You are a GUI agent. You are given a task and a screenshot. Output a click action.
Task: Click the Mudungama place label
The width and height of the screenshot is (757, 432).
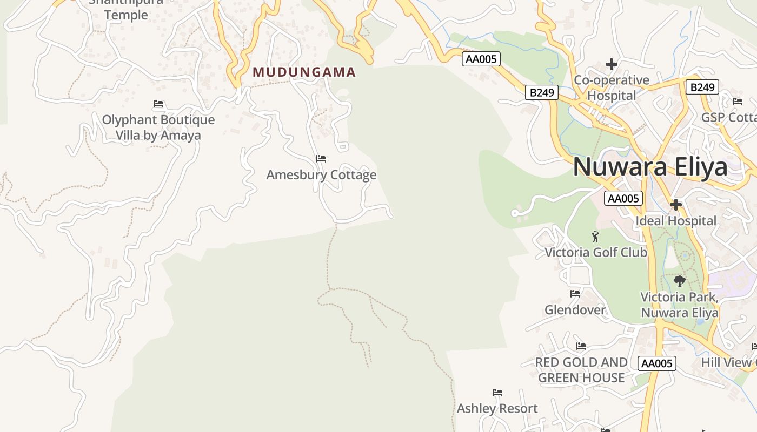pos(304,72)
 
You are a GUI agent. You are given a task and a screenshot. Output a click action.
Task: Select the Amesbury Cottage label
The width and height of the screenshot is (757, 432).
pos(321,175)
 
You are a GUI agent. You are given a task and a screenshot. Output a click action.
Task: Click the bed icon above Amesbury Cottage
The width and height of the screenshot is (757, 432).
pos(321,159)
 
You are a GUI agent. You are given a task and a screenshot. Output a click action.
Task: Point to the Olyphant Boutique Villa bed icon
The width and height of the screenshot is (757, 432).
pos(158,104)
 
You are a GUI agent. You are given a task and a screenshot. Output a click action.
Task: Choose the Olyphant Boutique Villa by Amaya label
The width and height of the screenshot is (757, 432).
pos(158,127)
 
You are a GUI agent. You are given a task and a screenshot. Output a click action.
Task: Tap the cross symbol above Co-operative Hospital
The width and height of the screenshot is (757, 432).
pos(612,64)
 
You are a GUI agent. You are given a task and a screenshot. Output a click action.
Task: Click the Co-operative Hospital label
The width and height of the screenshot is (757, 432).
pos(612,88)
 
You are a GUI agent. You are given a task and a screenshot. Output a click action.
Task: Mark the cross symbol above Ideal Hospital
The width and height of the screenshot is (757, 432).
pos(676,205)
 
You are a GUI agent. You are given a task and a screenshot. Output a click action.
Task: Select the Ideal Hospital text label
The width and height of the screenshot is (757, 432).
pos(676,221)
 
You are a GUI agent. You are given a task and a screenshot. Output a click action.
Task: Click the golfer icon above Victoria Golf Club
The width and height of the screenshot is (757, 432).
pos(595,237)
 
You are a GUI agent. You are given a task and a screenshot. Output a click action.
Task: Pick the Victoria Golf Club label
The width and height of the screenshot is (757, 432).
pos(595,252)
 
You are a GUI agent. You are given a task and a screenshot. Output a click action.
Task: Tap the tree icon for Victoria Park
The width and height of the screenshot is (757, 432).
pos(680,281)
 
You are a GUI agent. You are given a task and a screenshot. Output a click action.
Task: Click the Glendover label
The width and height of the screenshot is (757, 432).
pos(575,310)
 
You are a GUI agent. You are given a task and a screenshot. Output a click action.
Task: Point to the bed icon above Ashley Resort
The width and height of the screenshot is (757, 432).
pos(497,393)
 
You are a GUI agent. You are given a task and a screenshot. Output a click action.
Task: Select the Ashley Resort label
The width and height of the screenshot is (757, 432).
pos(497,409)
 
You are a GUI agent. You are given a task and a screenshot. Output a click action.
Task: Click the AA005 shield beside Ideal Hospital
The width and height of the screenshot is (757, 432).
pos(623,198)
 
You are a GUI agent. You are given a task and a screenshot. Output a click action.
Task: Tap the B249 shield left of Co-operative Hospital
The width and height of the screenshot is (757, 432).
pos(542,93)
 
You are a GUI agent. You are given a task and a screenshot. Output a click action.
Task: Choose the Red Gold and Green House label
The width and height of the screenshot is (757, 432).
pos(581,370)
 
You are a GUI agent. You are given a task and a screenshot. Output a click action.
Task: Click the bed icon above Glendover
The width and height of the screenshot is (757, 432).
pos(575,294)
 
